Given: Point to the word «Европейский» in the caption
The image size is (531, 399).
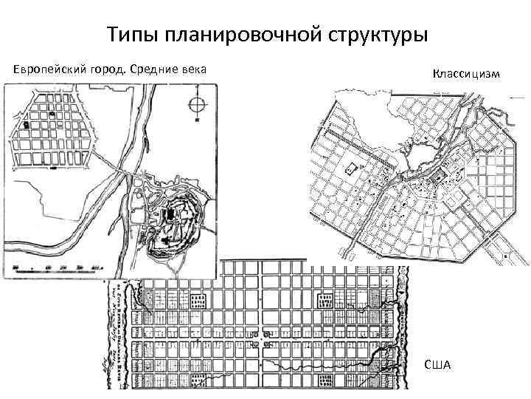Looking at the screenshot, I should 46,69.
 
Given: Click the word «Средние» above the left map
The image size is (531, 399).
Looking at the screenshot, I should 156,69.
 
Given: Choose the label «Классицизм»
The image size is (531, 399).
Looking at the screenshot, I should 466,74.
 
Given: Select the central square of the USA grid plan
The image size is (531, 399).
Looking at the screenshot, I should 261,340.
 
